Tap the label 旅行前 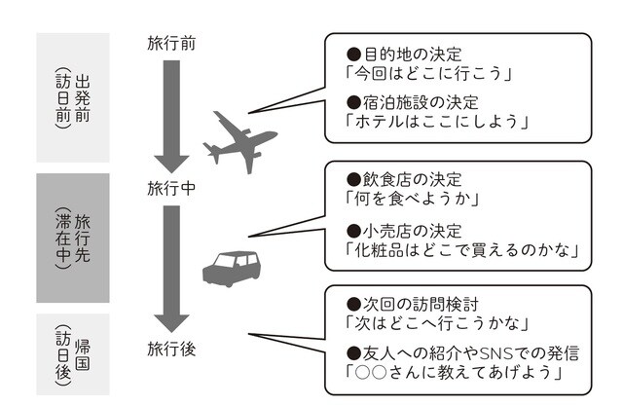click(x=171, y=43)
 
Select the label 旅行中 click(x=171, y=187)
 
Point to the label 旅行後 click(x=171, y=348)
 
